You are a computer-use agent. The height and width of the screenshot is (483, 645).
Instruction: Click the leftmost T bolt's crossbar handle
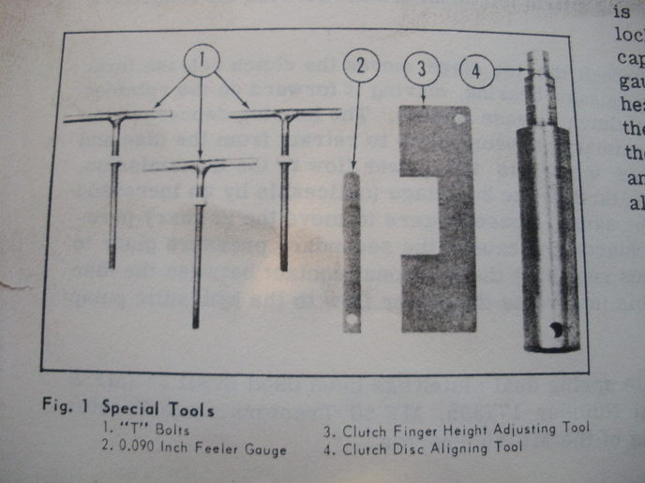pos(117,117)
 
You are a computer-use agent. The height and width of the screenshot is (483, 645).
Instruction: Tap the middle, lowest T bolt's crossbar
pos(200,166)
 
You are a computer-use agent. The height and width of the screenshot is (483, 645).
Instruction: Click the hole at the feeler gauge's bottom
pos(352,320)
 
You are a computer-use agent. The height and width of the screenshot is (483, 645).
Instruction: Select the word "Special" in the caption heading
pos(130,409)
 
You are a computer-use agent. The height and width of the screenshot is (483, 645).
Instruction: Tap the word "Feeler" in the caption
pos(205,449)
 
